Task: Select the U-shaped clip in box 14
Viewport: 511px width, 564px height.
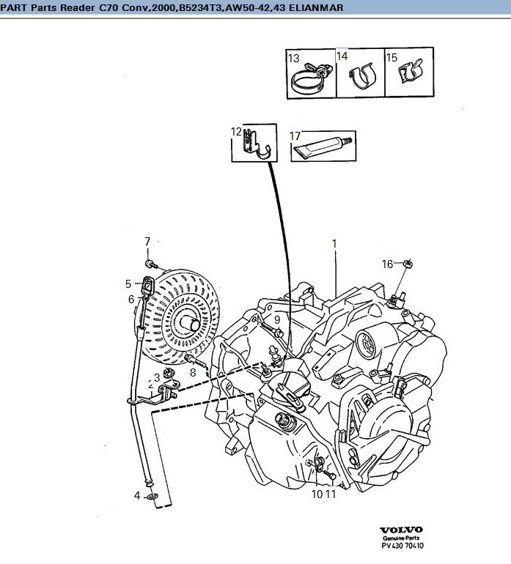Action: click(x=363, y=77)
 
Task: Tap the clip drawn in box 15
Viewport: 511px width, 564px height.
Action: click(x=410, y=70)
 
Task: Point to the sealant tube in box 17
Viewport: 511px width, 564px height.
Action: click(x=323, y=146)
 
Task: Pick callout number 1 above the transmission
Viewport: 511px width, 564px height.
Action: click(x=334, y=244)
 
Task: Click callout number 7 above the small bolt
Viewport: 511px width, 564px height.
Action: click(x=147, y=242)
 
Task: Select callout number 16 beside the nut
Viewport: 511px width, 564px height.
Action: click(x=388, y=264)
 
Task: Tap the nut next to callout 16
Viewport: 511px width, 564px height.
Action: click(x=408, y=264)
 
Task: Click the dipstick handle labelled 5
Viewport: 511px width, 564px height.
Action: click(x=147, y=286)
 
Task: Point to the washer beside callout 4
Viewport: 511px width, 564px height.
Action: click(x=152, y=497)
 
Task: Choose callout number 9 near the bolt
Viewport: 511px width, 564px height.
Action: click(x=277, y=320)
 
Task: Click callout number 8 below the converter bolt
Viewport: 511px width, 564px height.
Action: click(x=193, y=373)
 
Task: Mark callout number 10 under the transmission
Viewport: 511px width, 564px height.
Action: click(x=317, y=494)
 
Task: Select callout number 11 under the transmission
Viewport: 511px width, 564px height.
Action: click(x=331, y=494)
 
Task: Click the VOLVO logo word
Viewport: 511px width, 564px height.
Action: click(x=401, y=530)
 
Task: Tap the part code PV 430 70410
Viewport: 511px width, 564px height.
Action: click(x=402, y=546)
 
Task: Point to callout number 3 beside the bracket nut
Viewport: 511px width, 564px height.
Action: click(x=157, y=377)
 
